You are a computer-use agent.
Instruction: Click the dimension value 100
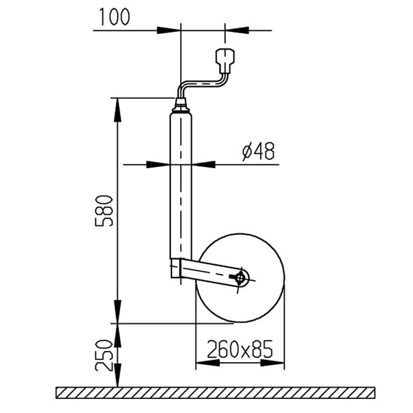[113, 17]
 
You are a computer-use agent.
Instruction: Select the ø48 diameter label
[258, 152]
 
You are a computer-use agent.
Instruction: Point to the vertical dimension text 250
[104, 355]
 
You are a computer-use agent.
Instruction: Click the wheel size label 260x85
[240, 350]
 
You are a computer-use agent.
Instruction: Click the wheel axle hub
[240, 277]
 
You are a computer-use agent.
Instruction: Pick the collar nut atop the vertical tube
[181, 108]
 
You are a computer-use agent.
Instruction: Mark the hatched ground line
[215, 393]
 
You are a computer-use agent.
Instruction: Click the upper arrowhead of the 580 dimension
[118, 108]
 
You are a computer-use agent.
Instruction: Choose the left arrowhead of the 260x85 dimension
[206, 363]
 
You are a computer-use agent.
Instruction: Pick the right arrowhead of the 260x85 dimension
[273, 363]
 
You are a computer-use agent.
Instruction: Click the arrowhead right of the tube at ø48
[203, 164]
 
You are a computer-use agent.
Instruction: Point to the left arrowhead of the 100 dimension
[170, 30]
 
